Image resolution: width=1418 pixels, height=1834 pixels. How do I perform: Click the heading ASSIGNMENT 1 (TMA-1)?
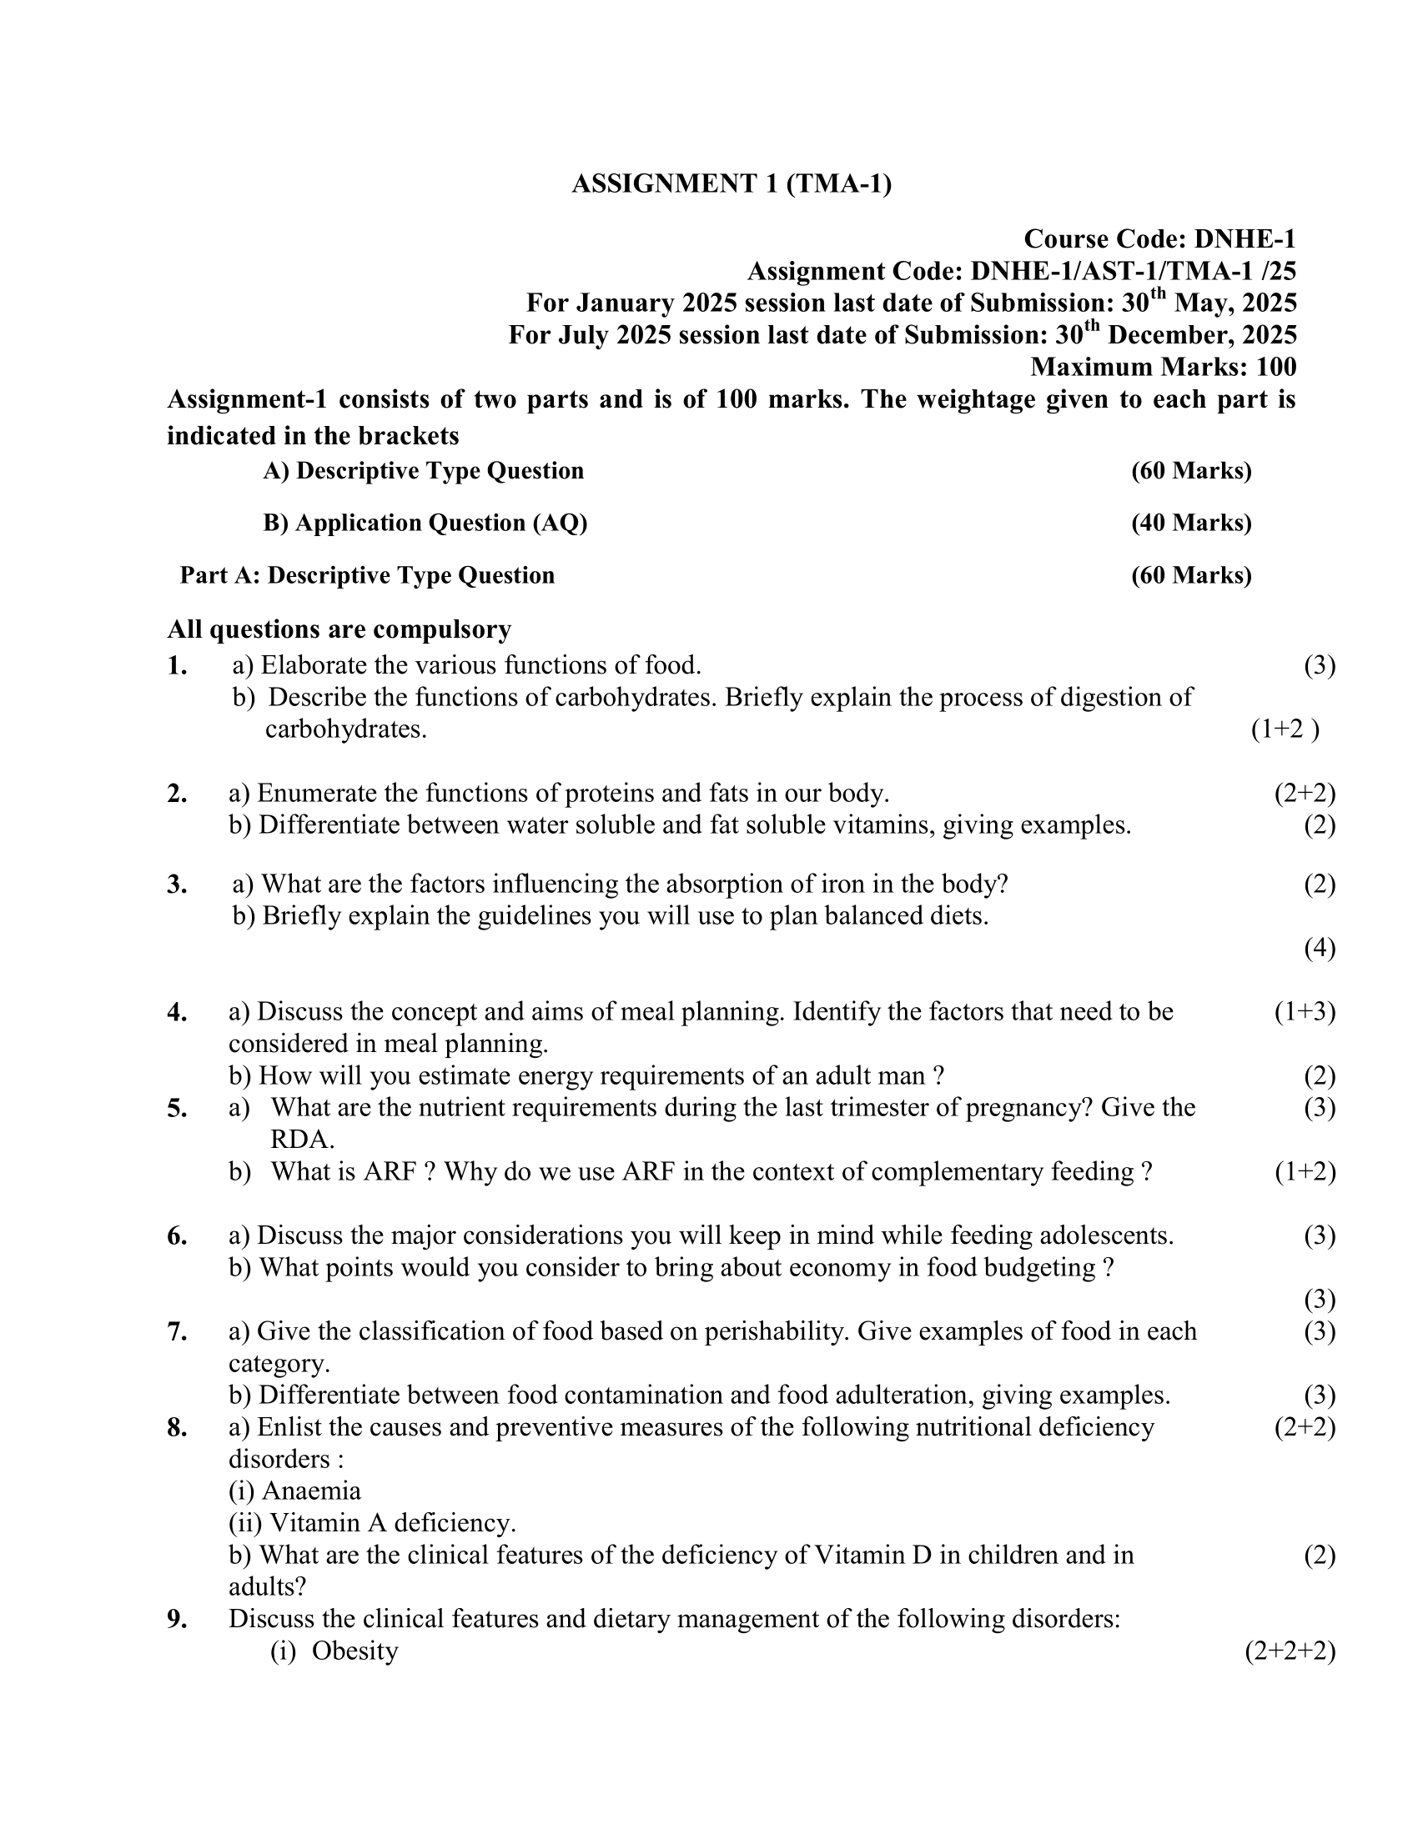point(731,183)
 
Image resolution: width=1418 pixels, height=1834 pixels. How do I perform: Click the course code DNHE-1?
point(1245,239)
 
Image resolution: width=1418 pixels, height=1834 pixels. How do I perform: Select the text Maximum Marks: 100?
point(1164,367)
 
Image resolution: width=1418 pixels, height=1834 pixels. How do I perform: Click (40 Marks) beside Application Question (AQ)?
point(1191,523)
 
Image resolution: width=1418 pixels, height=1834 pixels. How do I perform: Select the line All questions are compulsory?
point(339,629)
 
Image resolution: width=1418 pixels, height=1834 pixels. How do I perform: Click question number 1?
point(176,666)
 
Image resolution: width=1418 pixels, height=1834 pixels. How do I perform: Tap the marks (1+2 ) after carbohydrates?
point(1285,729)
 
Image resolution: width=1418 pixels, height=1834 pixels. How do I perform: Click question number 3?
point(176,884)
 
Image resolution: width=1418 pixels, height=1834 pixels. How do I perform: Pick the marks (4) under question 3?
point(1319,948)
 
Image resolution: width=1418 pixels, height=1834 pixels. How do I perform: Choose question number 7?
point(176,1331)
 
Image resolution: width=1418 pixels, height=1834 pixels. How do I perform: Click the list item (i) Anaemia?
point(294,1491)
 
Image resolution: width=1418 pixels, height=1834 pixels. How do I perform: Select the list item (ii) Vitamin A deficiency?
point(372,1522)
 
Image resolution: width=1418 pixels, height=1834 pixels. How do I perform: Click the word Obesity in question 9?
point(354,1650)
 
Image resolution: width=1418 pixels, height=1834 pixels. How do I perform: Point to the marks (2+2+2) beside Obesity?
point(1290,1650)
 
